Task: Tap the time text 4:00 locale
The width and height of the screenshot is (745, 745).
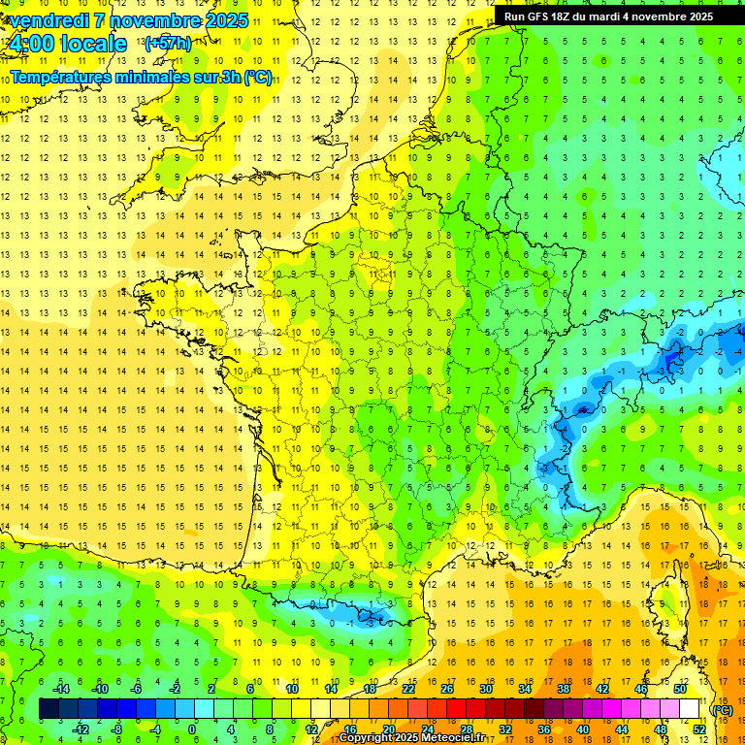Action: (67, 44)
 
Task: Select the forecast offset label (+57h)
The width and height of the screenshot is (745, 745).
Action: (167, 43)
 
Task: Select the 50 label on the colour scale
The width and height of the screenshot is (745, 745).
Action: (679, 689)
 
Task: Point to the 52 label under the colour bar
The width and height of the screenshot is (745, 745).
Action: (698, 729)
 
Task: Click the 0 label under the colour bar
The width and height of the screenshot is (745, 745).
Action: (192, 729)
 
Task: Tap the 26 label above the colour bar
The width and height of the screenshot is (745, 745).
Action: (446, 689)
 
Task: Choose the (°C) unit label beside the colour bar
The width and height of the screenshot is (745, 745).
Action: (723, 710)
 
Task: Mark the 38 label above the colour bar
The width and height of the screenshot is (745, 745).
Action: (563, 689)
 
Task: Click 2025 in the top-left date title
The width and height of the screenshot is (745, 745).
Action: (220, 20)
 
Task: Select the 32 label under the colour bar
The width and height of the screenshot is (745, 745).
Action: (504, 729)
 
